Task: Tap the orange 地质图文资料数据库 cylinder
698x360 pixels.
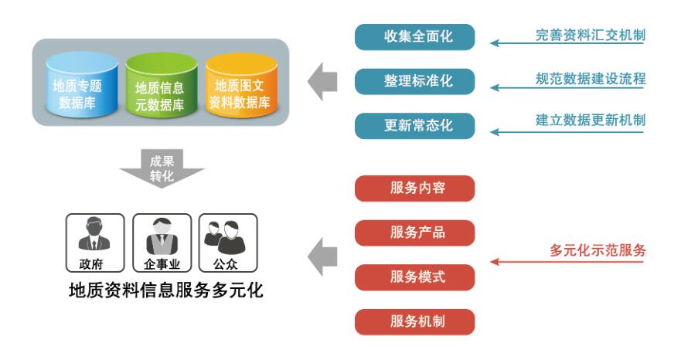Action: [x=242, y=87]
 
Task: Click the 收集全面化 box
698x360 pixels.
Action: [x=414, y=37]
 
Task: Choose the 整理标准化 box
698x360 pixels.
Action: [x=414, y=81]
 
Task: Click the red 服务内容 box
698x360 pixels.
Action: [x=414, y=188]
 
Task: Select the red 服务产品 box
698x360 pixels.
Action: [x=414, y=233]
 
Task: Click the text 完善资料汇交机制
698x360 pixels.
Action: [x=591, y=35]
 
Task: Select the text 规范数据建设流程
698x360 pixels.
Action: [x=591, y=78]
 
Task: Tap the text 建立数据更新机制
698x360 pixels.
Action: [x=591, y=120]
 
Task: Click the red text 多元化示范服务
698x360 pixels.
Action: [x=598, y=250]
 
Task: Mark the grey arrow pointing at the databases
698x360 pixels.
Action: [x=322, y=83]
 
